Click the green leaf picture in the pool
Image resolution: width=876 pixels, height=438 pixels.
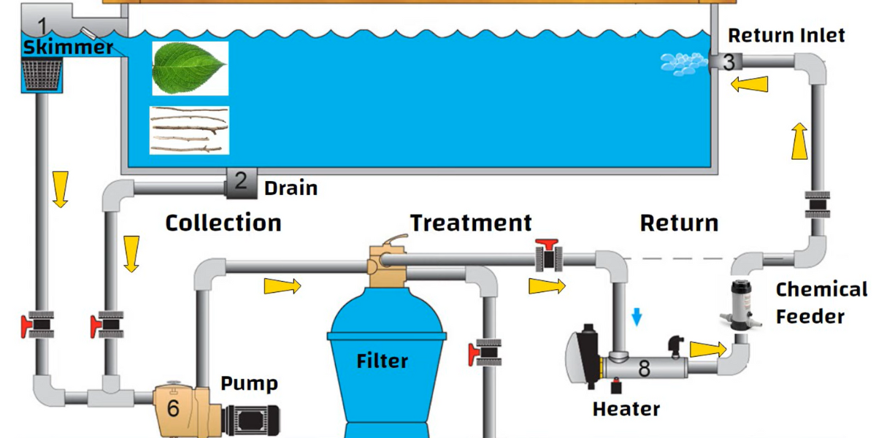pos(190,69)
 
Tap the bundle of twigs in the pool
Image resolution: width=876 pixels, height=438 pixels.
pos(188,130)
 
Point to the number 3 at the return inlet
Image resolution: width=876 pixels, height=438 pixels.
pos(729,62)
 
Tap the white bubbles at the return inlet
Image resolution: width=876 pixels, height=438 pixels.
pos(684,64)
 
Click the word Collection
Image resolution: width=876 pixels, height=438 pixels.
pos(223,223)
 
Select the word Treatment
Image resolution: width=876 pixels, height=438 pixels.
pos(471,222)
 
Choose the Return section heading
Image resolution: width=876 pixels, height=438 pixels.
pos(679,223)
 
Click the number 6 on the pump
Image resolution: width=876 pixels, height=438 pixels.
pos(173,408)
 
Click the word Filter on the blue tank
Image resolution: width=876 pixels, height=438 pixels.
pos(382,361)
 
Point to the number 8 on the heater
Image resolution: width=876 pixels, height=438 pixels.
pos(643,369)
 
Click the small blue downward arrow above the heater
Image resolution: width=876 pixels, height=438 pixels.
pos(637,316)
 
